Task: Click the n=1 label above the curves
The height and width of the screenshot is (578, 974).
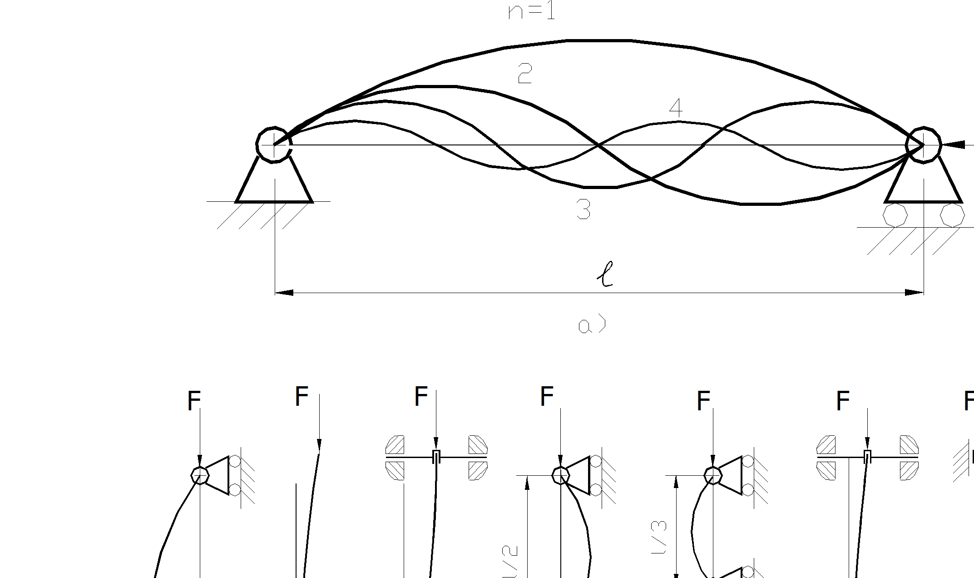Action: coord(532,11)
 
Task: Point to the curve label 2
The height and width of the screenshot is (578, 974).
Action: coord(524,73)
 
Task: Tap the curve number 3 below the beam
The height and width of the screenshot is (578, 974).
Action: coord(583,210)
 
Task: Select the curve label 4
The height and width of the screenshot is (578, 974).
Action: coord(676,108)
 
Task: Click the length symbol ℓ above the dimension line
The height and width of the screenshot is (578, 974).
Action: coord(605,274)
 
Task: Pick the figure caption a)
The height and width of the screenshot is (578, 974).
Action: coord(592,324)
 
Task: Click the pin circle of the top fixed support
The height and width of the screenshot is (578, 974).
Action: coord(274,144)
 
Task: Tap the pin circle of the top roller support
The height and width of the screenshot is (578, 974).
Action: coord(923,145)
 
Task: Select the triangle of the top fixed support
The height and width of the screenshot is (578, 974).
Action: coord(274,184)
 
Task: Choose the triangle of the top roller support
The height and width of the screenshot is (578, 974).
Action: coord(923,184)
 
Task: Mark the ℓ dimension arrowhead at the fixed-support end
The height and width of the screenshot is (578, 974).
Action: coord(284,293)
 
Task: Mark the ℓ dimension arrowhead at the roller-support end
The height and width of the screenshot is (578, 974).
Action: coord(914,293)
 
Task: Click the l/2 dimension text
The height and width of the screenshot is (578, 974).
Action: coord(510,562)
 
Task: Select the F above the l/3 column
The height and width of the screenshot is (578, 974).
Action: coord(703,401)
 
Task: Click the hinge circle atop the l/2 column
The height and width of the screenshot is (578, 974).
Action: coord(560,475)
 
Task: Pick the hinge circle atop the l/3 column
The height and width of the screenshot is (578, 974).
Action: coord(712,475)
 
